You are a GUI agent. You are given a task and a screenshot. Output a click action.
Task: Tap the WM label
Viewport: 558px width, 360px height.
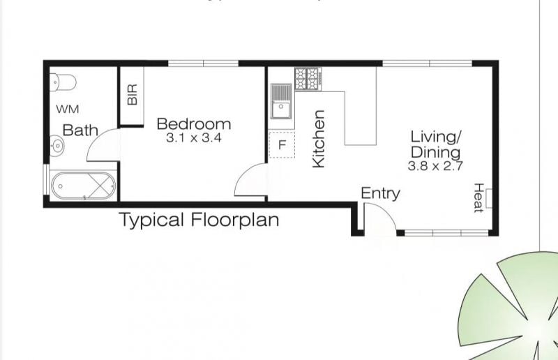(x=68, y=109)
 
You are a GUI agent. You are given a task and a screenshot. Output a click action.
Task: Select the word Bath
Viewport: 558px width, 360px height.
(x=80, y=130)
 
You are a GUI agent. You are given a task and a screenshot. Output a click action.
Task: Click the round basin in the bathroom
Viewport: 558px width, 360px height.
(x=57, y=145)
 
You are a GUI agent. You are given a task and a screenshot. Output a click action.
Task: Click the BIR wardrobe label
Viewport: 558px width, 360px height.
(x=132, y=95)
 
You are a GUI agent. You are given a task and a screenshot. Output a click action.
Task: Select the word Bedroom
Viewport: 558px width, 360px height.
(x=194, y=124)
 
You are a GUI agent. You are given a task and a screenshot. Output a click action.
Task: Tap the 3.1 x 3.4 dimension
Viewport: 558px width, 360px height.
(x=194, y=138)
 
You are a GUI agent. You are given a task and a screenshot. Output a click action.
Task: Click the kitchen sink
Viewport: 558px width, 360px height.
(x=281, y=101)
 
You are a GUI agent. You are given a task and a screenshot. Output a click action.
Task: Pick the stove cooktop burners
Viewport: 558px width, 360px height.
(x=308, y=79)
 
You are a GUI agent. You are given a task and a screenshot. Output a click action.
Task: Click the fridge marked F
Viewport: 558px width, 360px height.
(x=282, y=144)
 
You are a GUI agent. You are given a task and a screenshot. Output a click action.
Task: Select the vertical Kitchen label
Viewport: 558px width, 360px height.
(x=319, y=139)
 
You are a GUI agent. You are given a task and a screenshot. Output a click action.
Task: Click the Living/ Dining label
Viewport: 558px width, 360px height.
(x=436, y=144)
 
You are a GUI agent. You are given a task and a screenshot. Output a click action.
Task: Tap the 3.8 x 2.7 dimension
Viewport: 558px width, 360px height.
(x=435, y=166)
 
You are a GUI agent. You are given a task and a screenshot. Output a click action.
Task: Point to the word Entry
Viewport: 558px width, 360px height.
(x=380, y=193)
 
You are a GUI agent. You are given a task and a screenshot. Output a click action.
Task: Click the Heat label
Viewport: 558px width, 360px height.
(x=478, y=198)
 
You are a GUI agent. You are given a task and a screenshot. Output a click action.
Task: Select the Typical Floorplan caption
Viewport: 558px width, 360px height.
(x=199, y=220)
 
